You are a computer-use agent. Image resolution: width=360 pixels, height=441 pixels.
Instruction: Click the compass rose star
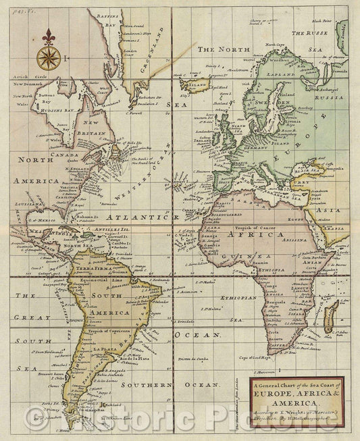[x=48, y=58]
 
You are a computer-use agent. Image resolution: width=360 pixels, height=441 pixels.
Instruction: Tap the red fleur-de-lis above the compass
[x=48, y=36]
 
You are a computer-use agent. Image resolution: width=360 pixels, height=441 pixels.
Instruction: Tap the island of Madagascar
[x=330, y=317]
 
